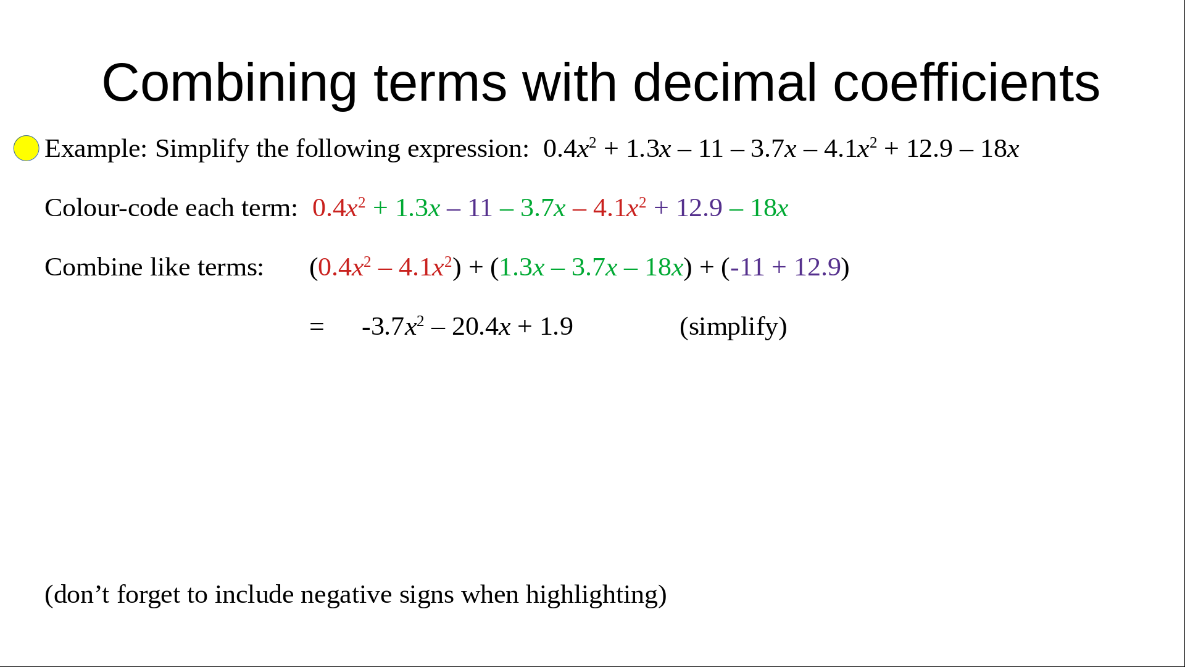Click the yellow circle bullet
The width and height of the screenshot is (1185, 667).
[27, 148]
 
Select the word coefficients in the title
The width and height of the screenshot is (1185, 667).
[967, 82]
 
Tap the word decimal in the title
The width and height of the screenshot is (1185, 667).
[725, 82]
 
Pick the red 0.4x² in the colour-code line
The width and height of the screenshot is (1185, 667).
[339, 208]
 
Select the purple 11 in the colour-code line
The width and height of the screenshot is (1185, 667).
[480, 208]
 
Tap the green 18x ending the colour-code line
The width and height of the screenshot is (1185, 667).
[769, 208]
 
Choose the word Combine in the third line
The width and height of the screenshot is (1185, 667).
[94, 267]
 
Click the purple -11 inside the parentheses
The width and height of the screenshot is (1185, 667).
[747, 267]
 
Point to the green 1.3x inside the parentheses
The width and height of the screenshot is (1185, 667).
[522, 267]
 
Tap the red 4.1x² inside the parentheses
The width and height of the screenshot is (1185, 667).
[425, 267]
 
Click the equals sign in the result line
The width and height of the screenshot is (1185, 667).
[317, 327]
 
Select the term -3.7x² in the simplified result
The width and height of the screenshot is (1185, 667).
[393, 326]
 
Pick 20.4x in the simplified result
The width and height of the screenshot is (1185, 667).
[481, 327]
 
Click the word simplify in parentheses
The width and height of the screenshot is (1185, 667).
[733, 327]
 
